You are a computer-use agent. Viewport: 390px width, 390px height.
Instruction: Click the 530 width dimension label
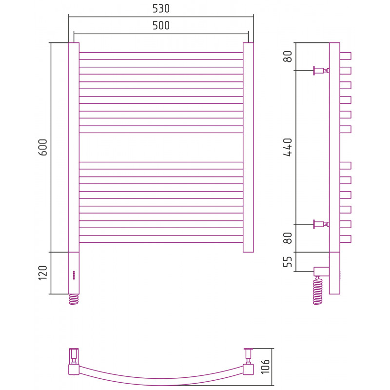pos(161,8)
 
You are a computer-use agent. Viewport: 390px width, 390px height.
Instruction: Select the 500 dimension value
pos(161,25)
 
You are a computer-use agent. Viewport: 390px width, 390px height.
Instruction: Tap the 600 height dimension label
pos(43,147)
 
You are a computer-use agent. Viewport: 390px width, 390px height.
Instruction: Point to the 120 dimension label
pos(43,273)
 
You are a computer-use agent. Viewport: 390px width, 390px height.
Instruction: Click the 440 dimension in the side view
pos(288,147)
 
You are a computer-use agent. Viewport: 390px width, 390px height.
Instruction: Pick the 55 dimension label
pos(288,261)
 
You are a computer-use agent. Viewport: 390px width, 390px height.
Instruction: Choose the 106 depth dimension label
pos(265,367)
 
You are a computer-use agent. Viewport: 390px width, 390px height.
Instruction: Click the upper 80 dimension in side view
pos(288,57)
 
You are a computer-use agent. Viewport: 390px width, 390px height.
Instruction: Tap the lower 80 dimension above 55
pos(288,238)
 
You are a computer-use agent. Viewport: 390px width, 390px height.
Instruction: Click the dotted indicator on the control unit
pos(74,275)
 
